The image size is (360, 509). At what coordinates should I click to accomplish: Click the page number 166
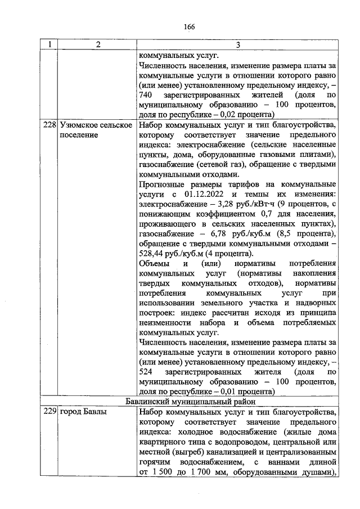pyautogui.click(x=188, y=27)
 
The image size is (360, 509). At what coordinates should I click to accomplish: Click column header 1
pyautogui.click(x=49, y=46)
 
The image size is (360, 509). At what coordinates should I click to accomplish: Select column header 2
pyautogui.click(x=96, y=46)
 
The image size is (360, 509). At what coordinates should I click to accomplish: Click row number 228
pyautogui.click(x=50, y=125)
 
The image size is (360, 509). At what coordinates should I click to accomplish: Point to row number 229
pyautogui.click(x=50, y=412)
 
